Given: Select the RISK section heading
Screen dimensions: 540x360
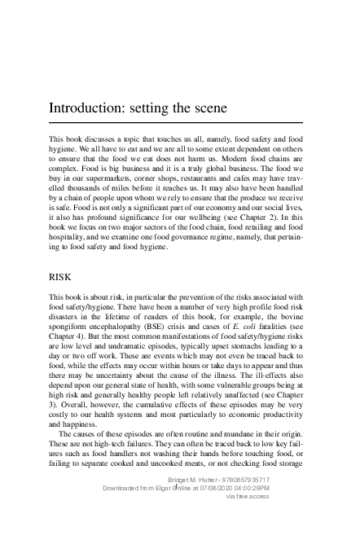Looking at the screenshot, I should [x=62, y=277].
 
